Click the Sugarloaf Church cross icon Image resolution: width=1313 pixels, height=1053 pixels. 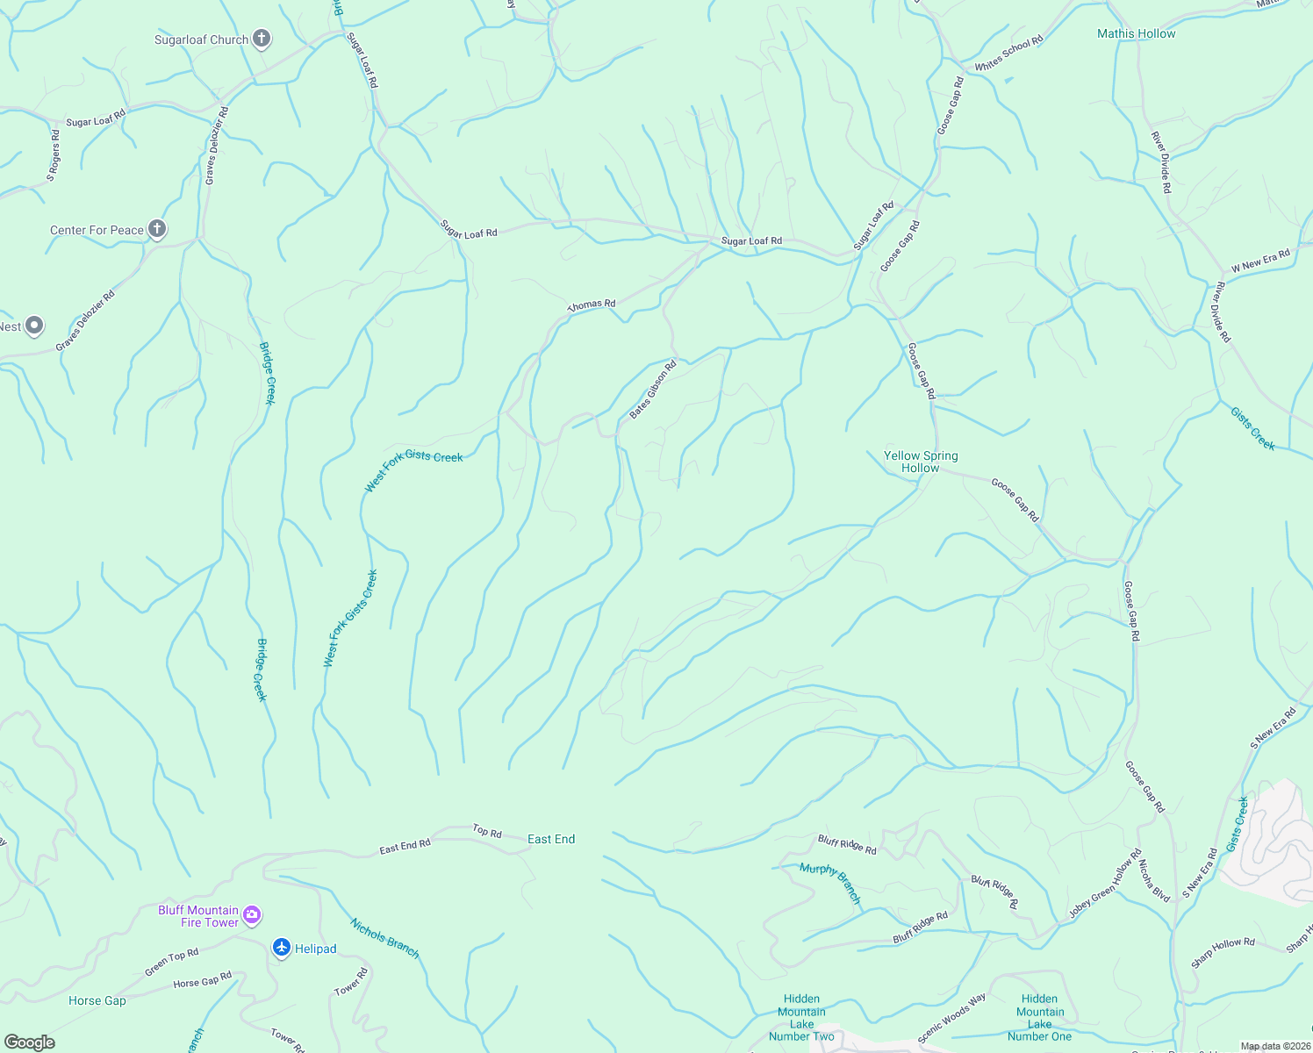point(261,39)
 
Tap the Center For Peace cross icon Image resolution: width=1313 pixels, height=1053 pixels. point(157,230)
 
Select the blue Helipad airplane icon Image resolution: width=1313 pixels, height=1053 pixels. point(281,948)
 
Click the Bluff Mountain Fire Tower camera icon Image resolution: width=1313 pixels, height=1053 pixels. point(252,916)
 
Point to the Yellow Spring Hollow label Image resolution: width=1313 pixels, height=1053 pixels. point(921,462)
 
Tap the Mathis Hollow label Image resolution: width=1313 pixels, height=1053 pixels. point(1136,33)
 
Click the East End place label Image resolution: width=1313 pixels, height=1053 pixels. point(551,839)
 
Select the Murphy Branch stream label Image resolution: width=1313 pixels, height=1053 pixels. point(830,883)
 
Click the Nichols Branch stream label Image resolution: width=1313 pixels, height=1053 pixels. point(384,938)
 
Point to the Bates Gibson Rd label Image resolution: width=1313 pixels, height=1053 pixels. point(653,389)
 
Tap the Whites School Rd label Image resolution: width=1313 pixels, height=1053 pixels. point(1008,54)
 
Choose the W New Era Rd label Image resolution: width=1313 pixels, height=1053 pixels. point(1260,261)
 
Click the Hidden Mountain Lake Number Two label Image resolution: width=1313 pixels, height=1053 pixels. point(801,1017)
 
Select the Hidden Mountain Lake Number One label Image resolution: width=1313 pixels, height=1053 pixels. point(1039,1017)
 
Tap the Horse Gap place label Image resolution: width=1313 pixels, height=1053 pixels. point(97,1000)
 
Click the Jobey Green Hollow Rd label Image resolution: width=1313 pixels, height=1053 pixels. point(1105,884)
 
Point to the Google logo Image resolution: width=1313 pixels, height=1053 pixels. point(30,1042)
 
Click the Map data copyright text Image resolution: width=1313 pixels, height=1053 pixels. point(1274,1046)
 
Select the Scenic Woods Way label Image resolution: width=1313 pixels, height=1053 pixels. point(951,1018)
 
